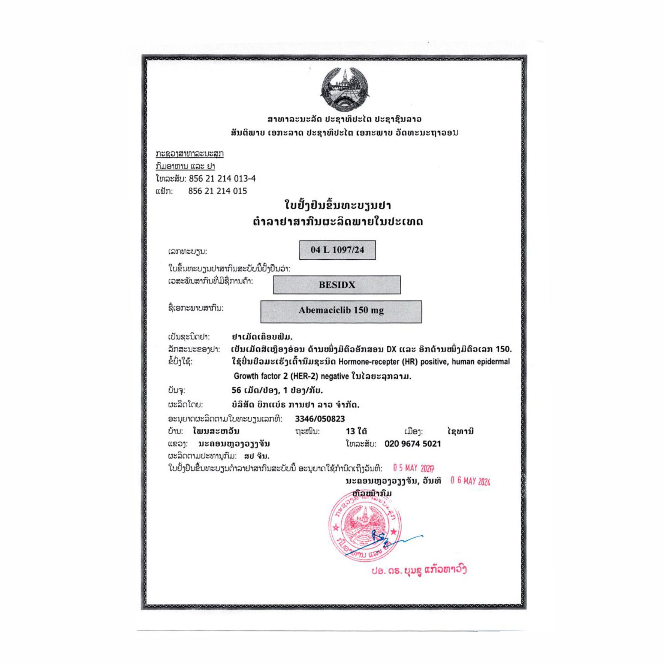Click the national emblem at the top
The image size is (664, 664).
click(344, 90)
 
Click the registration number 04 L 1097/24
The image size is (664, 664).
click(337, 250)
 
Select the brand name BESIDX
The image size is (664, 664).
click(337, 285)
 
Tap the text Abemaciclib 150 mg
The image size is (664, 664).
click(341, 310)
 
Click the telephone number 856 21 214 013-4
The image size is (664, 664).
click(222, 178)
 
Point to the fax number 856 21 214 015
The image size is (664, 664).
click(217, 191)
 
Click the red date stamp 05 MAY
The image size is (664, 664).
click(413, 468)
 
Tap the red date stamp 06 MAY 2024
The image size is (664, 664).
click(470, 481)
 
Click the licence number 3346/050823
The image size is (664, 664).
click(320, 419)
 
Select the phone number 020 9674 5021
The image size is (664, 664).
click(413, 444)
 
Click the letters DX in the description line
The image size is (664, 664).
click(391, 349)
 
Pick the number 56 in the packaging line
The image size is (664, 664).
click(236, 390)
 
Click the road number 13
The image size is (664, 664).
click(350, 431)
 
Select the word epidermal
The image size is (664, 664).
click(494, 362)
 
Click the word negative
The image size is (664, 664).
click(335, 376)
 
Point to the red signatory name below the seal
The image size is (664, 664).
click(419, 570)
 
